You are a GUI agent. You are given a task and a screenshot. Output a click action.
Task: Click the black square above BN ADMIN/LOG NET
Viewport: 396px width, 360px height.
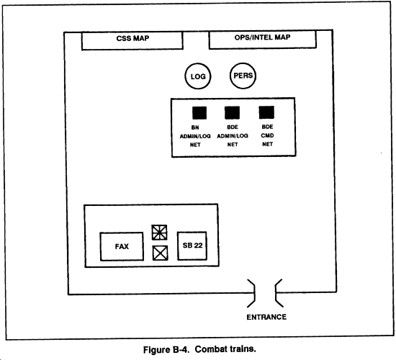[199, 112]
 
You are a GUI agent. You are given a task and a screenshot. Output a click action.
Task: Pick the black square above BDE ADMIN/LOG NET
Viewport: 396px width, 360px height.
[232, 112]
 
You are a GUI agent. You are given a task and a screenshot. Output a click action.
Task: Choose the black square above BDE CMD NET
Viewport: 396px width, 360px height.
[266, 112]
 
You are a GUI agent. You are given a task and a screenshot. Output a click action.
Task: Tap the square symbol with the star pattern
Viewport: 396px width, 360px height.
[159, 233]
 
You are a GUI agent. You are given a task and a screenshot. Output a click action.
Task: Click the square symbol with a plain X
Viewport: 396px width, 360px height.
[160, 253]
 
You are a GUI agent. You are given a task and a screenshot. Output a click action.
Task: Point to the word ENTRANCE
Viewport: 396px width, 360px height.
[266, 317]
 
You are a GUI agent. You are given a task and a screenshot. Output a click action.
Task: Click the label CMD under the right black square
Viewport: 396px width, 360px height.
[267, 135]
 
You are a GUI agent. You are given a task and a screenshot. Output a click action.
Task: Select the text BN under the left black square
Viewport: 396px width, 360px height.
[195, 127]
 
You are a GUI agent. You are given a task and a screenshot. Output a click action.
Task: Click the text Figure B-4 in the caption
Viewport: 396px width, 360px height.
[166, 350]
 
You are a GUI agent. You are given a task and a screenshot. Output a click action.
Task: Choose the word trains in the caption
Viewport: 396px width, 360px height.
[243, 349]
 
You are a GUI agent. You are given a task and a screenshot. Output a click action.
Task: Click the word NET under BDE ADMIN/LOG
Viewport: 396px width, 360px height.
[233, 145]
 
